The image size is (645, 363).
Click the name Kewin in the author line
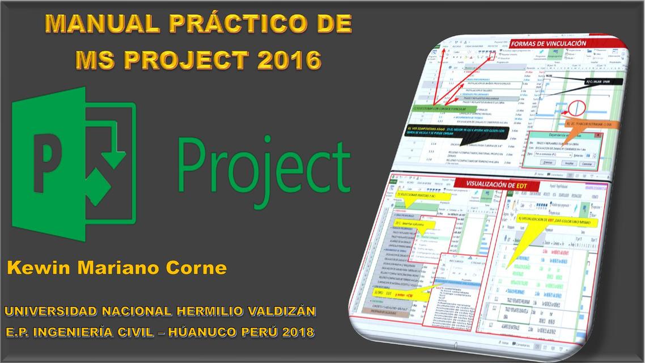(37, 268)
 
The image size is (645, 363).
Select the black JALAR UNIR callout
(602, 82)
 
